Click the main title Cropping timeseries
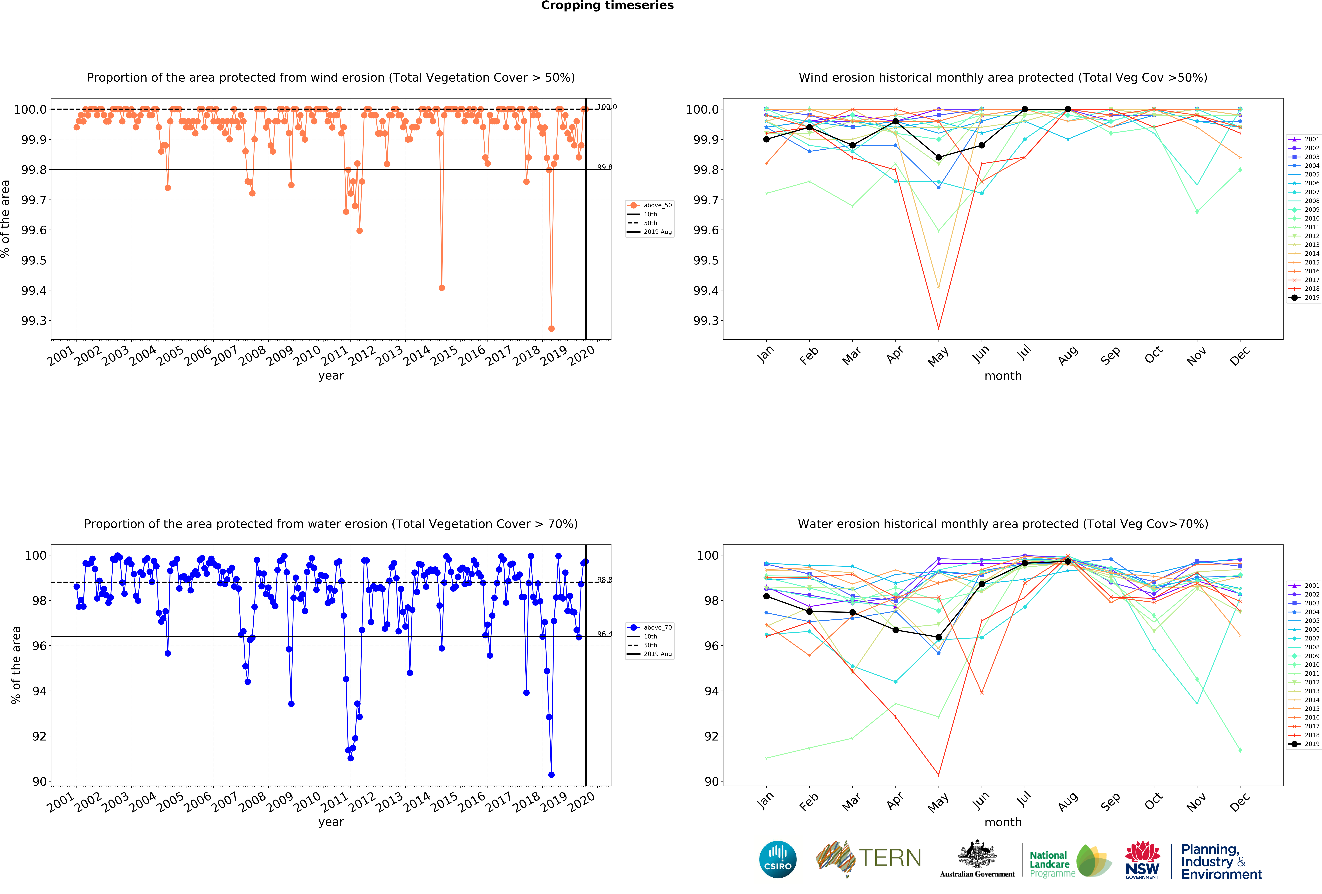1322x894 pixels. pos(607,6)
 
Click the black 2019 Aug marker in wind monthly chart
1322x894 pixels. pos(1068,109)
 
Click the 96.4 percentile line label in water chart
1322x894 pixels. pos(604,634)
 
